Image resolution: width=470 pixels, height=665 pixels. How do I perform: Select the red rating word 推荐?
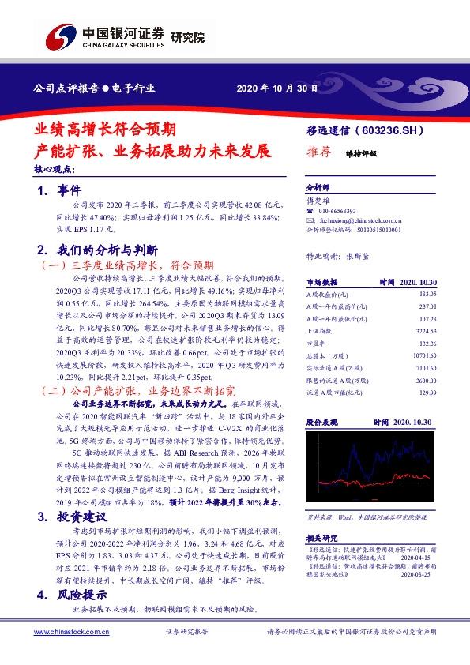317,153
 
